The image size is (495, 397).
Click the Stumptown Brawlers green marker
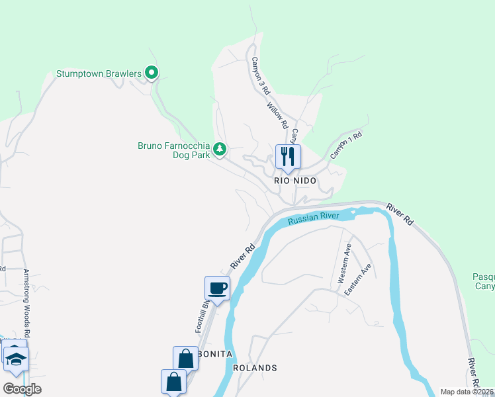click(152, 73)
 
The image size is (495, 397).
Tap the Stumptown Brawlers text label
click(99, 73)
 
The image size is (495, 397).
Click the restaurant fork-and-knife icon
click(288, 156)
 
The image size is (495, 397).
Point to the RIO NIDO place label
click(295, 181)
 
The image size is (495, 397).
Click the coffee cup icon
click(218, 288)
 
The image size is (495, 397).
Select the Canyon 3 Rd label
click(261, 75)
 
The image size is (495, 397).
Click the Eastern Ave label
click(363, 279)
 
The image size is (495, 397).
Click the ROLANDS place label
click(255, 368)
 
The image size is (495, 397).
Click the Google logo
click(22, 389)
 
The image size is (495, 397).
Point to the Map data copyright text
click(467, 392)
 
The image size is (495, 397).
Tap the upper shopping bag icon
click(186, 359)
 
